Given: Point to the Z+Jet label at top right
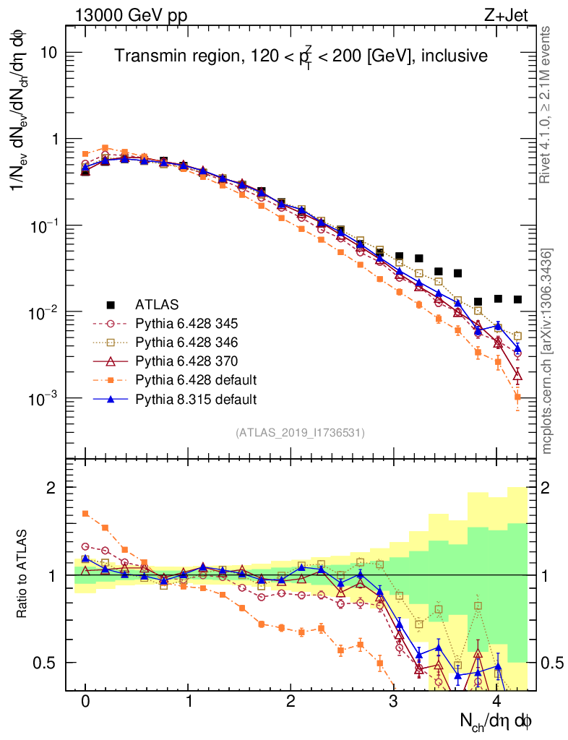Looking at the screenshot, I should pos(515,14).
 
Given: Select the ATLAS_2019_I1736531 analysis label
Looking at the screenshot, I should pos(300,433).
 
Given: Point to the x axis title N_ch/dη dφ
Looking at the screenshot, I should pos(496,721).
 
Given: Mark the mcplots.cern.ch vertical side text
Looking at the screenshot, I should pos(547,350).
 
